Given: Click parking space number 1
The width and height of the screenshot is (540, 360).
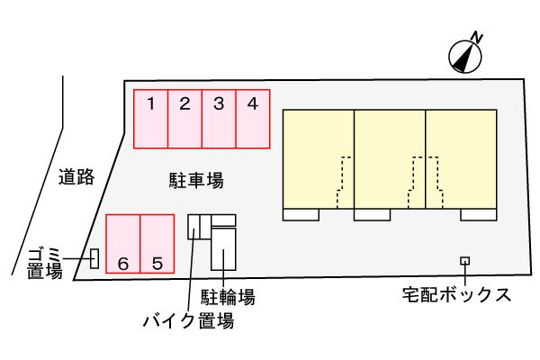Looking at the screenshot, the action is pos(151,119).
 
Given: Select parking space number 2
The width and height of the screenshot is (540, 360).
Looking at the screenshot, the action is pos(184,119).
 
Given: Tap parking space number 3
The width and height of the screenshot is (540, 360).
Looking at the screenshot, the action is pos(219,119).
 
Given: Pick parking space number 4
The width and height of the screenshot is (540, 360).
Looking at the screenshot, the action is pos(253,119).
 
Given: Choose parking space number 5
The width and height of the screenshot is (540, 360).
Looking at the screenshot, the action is pos(157,243).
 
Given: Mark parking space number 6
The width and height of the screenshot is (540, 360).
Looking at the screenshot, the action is pos(122,243).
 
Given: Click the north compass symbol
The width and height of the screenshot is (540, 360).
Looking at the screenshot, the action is pos(465,56).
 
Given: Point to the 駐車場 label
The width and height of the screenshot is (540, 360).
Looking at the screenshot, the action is pos(196,180).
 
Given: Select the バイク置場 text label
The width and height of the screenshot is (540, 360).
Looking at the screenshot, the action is pos(189,320).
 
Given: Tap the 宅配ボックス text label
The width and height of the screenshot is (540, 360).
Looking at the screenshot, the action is pos(457,294).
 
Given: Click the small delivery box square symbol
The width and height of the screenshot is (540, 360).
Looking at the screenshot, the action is pos(464,261).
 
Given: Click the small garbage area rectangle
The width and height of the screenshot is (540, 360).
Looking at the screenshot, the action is pos(94,258).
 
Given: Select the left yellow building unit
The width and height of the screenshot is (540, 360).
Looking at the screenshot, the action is pos(318,158).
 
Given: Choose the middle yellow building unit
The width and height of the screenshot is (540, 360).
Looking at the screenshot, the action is pos(390,158).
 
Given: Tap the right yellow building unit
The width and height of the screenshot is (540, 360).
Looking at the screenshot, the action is pos(461,158).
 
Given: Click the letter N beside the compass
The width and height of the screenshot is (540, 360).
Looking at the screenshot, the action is pos(477,37).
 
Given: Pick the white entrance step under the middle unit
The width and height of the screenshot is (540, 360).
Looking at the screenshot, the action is pos(372,215).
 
